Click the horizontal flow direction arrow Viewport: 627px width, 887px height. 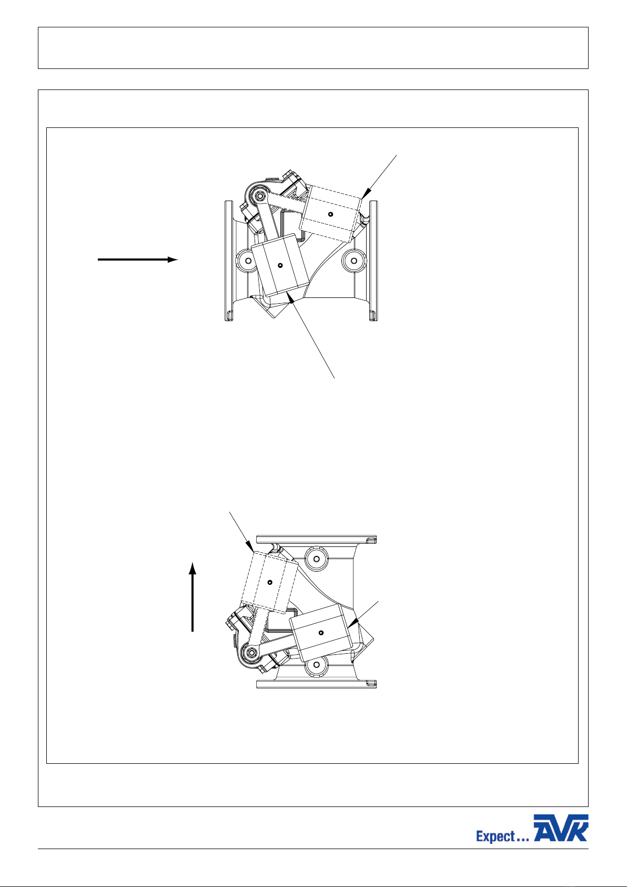click(138, 260)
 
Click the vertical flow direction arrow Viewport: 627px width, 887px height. click(193, 597)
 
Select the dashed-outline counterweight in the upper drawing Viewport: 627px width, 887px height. click(331, 214)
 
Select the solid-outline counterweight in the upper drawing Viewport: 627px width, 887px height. click(280, 265)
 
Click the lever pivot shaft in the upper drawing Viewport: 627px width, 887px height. click(260, 195)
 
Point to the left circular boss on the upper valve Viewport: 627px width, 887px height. click(248, 261)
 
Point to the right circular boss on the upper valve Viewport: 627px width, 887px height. click(354, 261)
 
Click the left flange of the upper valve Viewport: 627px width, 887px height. click(228, 261)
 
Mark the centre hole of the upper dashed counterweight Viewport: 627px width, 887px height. click(331, 214)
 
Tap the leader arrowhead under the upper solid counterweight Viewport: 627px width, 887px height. click(291, 301)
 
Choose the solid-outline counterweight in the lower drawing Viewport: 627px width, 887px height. click(321, 632)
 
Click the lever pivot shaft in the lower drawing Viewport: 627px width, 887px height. click(250, 651)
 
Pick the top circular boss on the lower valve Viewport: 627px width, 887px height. click(317, 559)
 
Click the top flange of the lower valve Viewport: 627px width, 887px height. click(317, 540)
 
